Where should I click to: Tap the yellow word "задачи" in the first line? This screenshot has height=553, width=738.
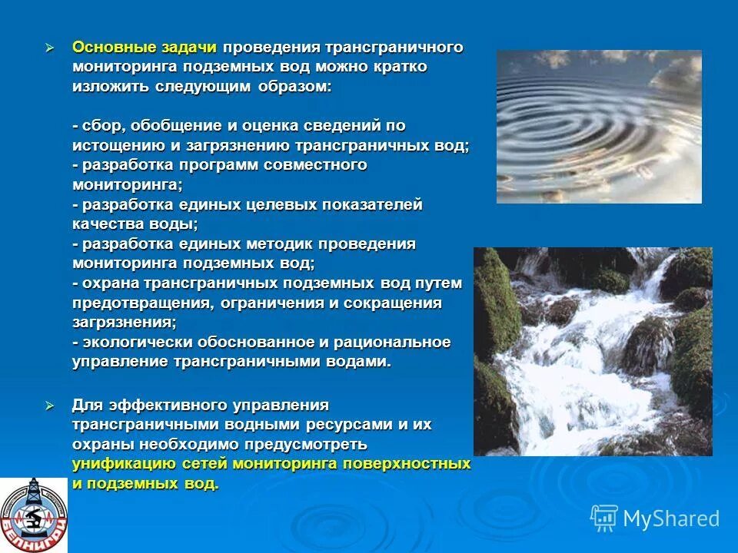click(189, 47)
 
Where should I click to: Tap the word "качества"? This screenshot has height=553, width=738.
click(108, 224)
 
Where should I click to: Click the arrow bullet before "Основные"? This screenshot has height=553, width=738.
click(52, 48)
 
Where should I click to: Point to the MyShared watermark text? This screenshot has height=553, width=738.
click(671, 518)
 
